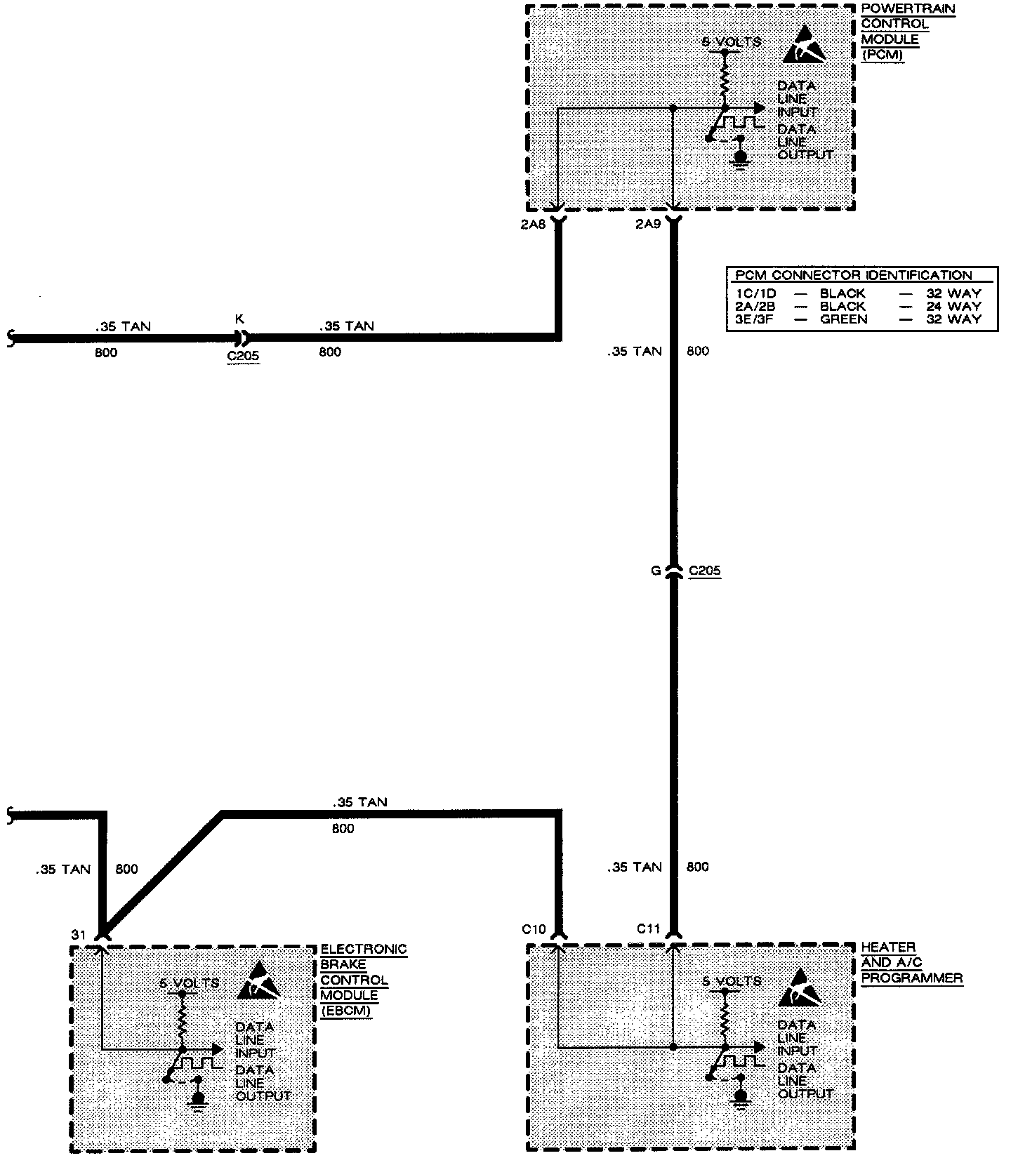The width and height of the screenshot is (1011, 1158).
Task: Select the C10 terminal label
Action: [x=534, y=929]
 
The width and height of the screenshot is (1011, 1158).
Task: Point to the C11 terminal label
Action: [x=649, y=929]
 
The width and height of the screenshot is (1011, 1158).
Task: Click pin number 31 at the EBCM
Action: [x=78, y=935]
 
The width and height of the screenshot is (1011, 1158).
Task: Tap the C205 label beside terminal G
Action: [x=704, y=571]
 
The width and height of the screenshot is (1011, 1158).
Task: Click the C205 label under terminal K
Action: [x=243, y=356]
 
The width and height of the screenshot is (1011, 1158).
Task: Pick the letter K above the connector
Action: [x=239, y=319]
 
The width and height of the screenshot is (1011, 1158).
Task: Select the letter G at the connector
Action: [x=656, y=571]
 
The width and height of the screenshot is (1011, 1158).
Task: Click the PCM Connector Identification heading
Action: [x=854, y=275]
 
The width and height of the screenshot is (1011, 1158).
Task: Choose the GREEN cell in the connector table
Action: [x=844, y=319]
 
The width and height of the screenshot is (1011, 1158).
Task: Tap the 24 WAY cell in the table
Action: [x=953, y=307]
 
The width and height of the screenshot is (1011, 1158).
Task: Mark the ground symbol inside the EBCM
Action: [x=199, y=1098]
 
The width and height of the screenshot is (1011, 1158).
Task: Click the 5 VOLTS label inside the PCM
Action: [x=732, y=42]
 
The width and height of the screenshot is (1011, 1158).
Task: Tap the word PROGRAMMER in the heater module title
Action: [x=911, y=978]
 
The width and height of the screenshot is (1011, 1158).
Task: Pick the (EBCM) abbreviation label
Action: [x=345, y=1011]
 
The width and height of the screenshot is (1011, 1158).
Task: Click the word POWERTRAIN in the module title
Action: [x=908, y=9]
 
